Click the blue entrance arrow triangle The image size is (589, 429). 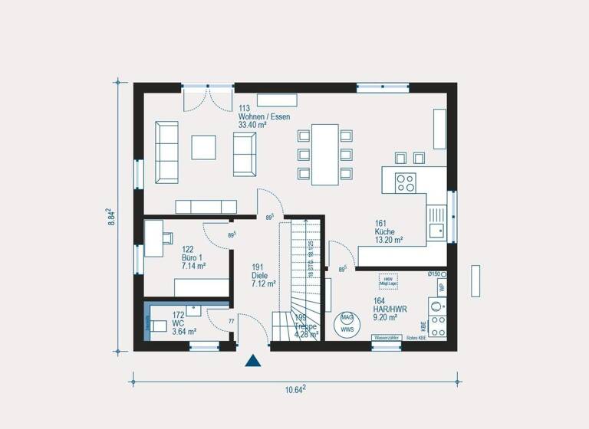point(253,362)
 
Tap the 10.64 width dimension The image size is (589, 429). point(295,389)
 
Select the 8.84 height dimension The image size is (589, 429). point(110,215)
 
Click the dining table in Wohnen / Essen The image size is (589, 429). point(325,154)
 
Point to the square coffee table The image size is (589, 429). point(204,146)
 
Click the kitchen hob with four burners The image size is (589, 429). point(404,182)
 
